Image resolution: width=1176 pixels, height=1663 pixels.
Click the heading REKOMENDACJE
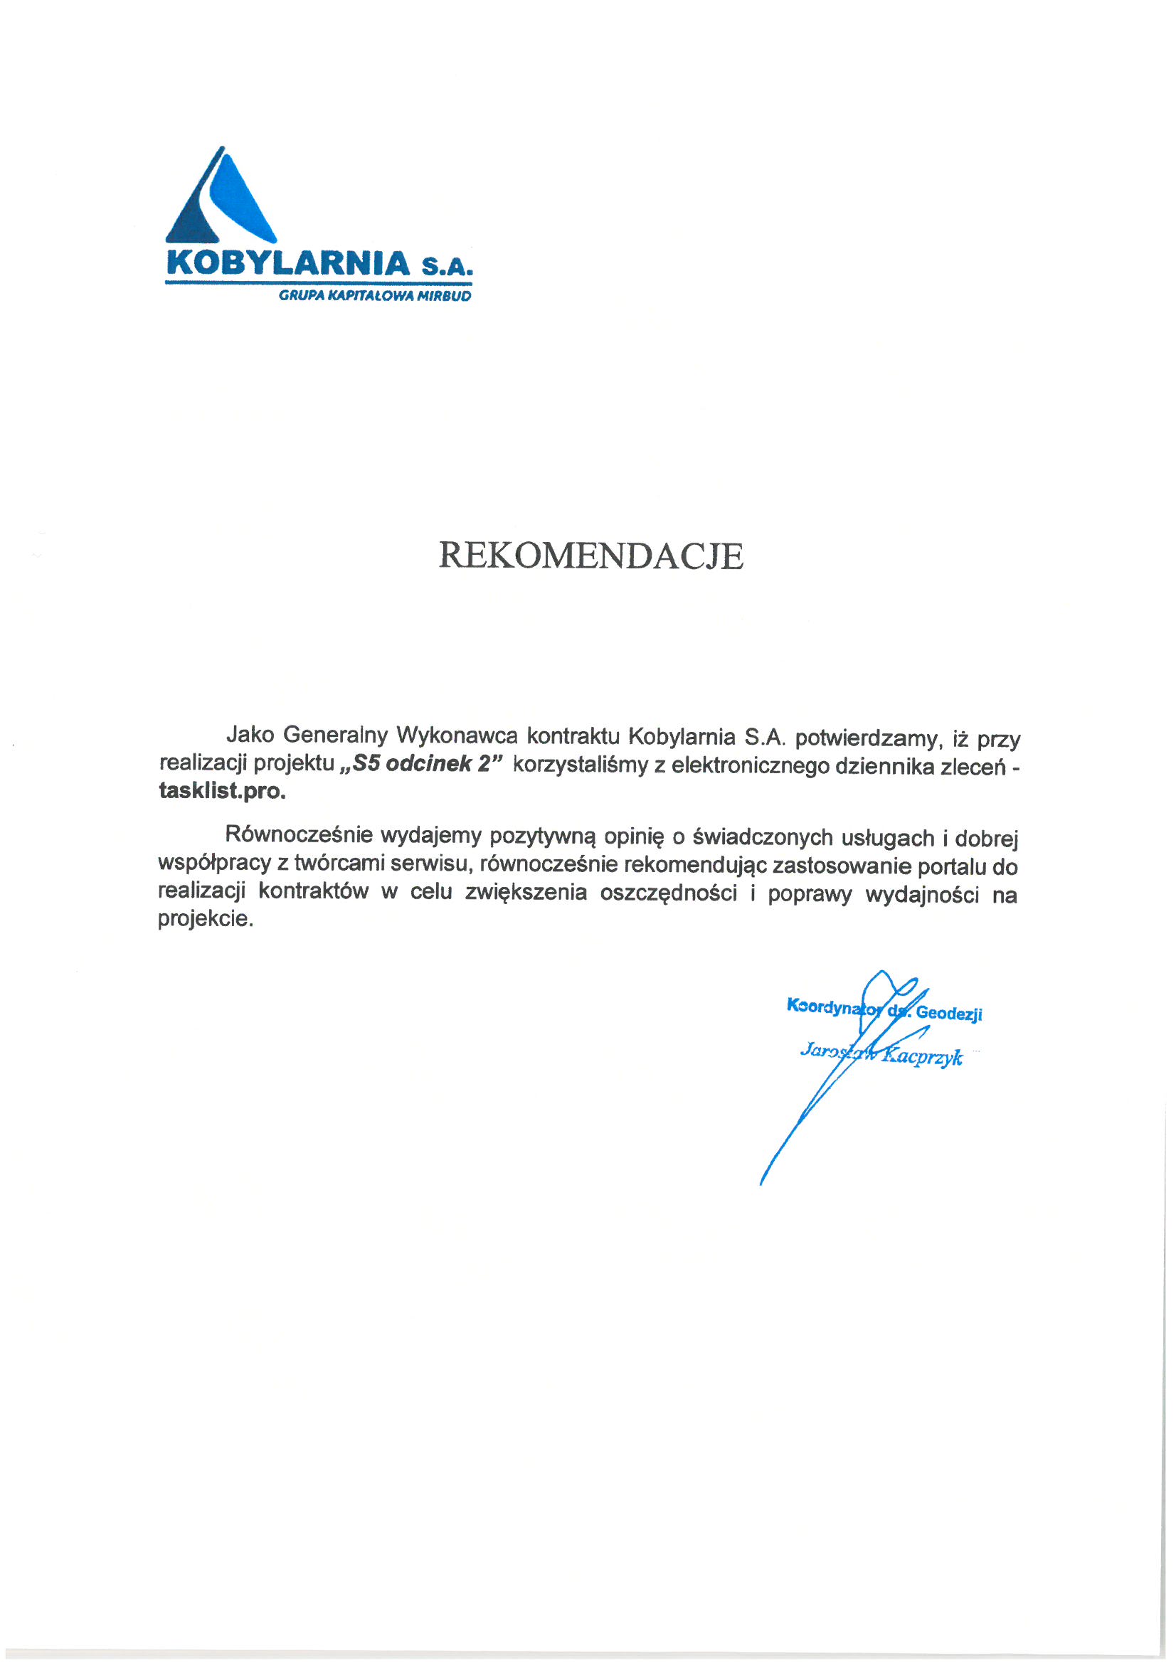pyautogui.click(x=590, y=556)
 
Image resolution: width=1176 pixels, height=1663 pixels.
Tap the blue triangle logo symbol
pyautogui.click(x=221, y=199)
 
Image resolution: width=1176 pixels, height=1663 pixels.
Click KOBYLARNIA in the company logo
pyautogui.click(x=288, y=263)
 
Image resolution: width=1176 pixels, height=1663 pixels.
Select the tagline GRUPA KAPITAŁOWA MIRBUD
pyautogui.click(x=375, y=296)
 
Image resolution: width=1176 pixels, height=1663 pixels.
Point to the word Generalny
pyautogui.click(x=335, y=735)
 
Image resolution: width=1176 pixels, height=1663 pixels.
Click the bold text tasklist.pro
pyautogui.click(x=222, y=791)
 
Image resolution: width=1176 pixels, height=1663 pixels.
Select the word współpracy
pyautogui.click(x=213, y=864)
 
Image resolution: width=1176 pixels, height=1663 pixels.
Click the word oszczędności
pyautogui.click(x=668, y=894)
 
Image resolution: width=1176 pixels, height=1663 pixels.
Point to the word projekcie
pyautogui.click(x=205, y=920)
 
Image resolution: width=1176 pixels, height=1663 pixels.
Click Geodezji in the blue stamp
pyautogui.click(x=948, y=1014)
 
